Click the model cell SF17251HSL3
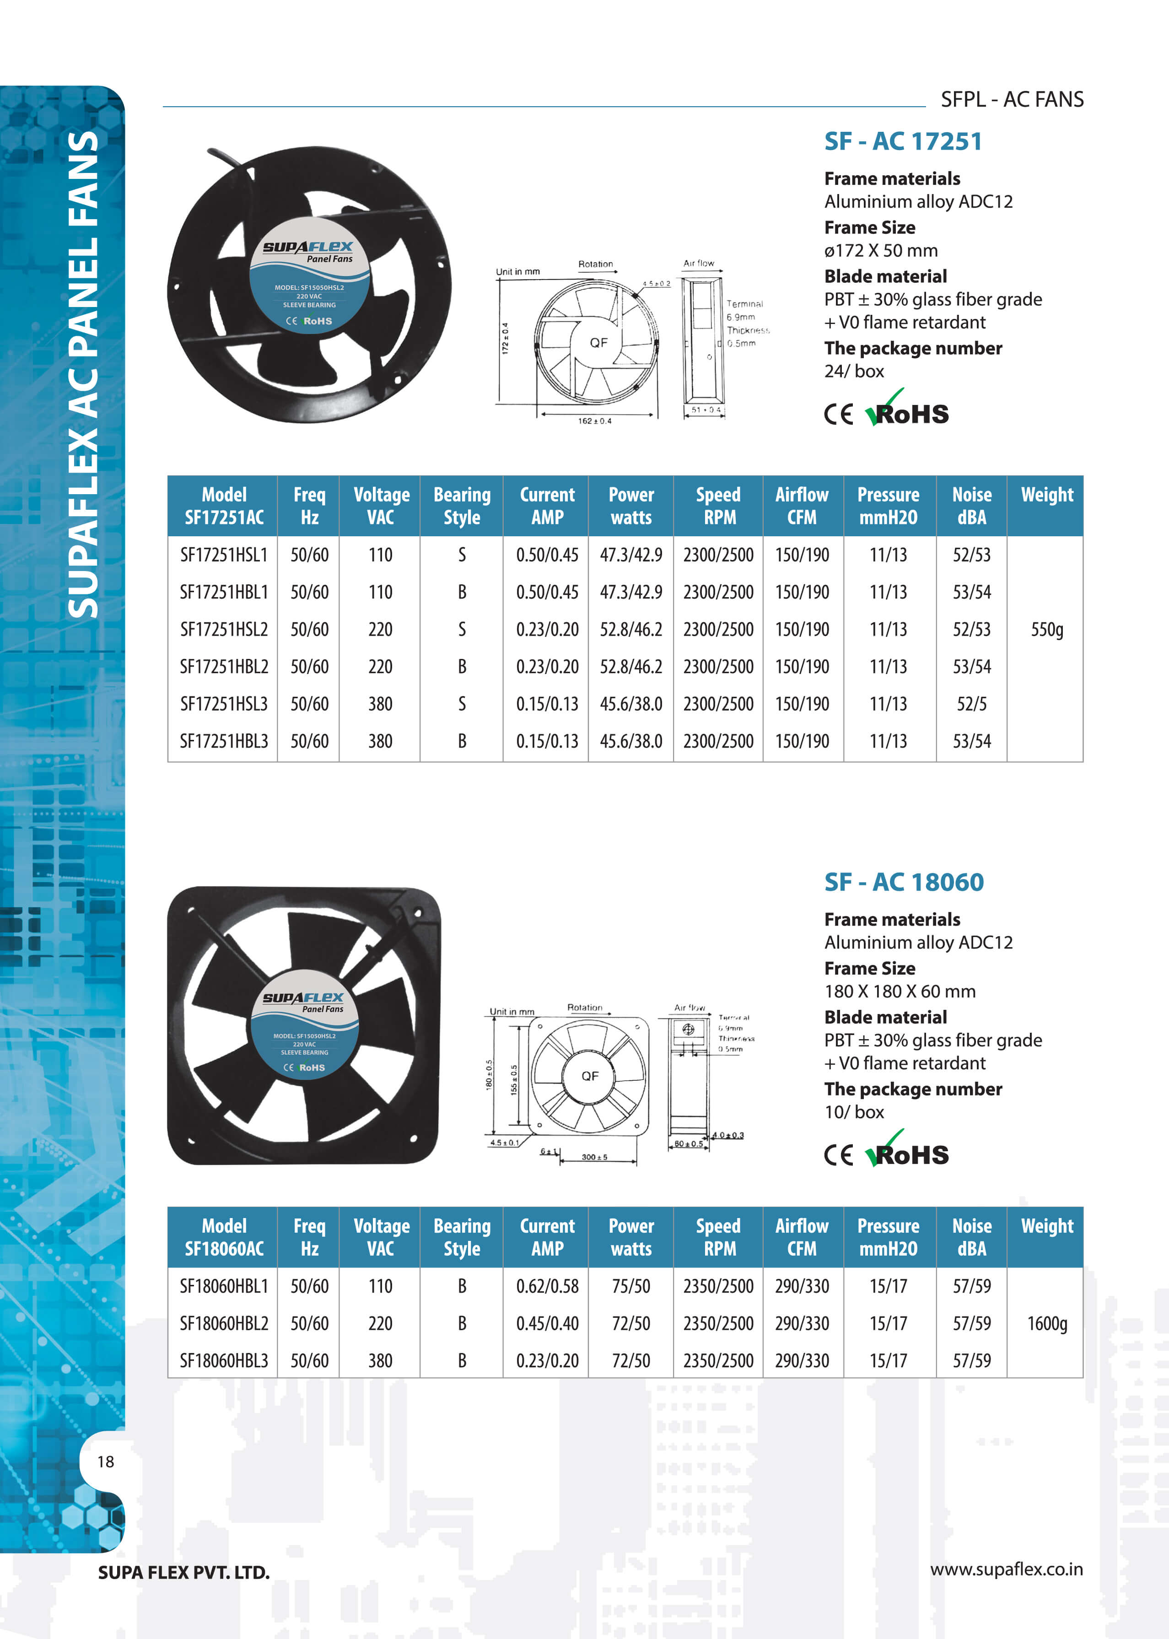click(x=223, y=704)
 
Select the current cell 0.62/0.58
click(x=547, y=1286)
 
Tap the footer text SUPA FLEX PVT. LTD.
click(x=183, y=1572)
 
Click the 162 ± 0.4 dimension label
click(x=595, y=421)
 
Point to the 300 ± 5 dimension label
click(x=595, y=1158)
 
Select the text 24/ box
click(x=854, y=372)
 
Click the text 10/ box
click(x=854, y=1112)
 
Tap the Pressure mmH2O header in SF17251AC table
click(x=888, y=506)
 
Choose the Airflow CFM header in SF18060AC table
click(x=802, y=1237)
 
